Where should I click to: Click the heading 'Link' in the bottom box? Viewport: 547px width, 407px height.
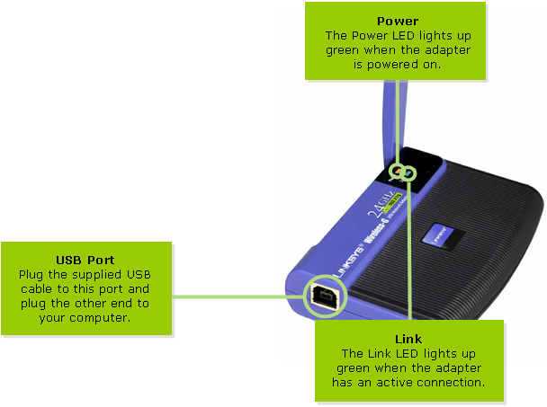pos(408,340)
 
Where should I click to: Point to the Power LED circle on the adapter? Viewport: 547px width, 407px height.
pos(397,172)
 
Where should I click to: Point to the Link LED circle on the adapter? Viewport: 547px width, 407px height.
pos(409,173)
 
